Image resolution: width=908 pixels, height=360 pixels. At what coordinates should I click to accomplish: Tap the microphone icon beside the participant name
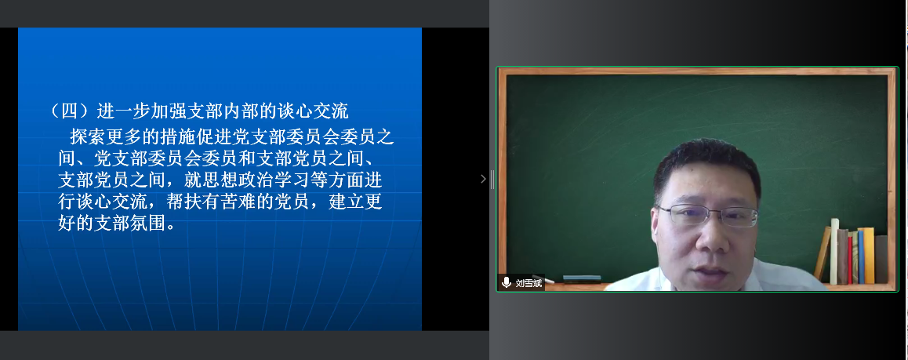tap(506, 283)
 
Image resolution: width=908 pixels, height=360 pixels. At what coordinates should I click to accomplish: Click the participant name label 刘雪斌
tap(528, 283)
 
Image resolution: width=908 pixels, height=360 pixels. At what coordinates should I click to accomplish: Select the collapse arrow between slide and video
tap(484, 180)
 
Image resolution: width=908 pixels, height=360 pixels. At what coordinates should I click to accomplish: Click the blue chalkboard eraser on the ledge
tap(582, 278)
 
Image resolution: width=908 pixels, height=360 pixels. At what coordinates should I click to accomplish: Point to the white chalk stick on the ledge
tap(547, 281)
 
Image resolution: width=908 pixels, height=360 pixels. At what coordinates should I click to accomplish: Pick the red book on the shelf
tap(850, 260)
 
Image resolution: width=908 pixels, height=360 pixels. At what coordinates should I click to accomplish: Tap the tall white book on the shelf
tap(834, 251)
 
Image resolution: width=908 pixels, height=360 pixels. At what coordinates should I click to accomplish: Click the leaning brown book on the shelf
tap(823, 254)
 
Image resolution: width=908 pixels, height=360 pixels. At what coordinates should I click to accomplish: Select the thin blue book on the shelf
tap(860, 257)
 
